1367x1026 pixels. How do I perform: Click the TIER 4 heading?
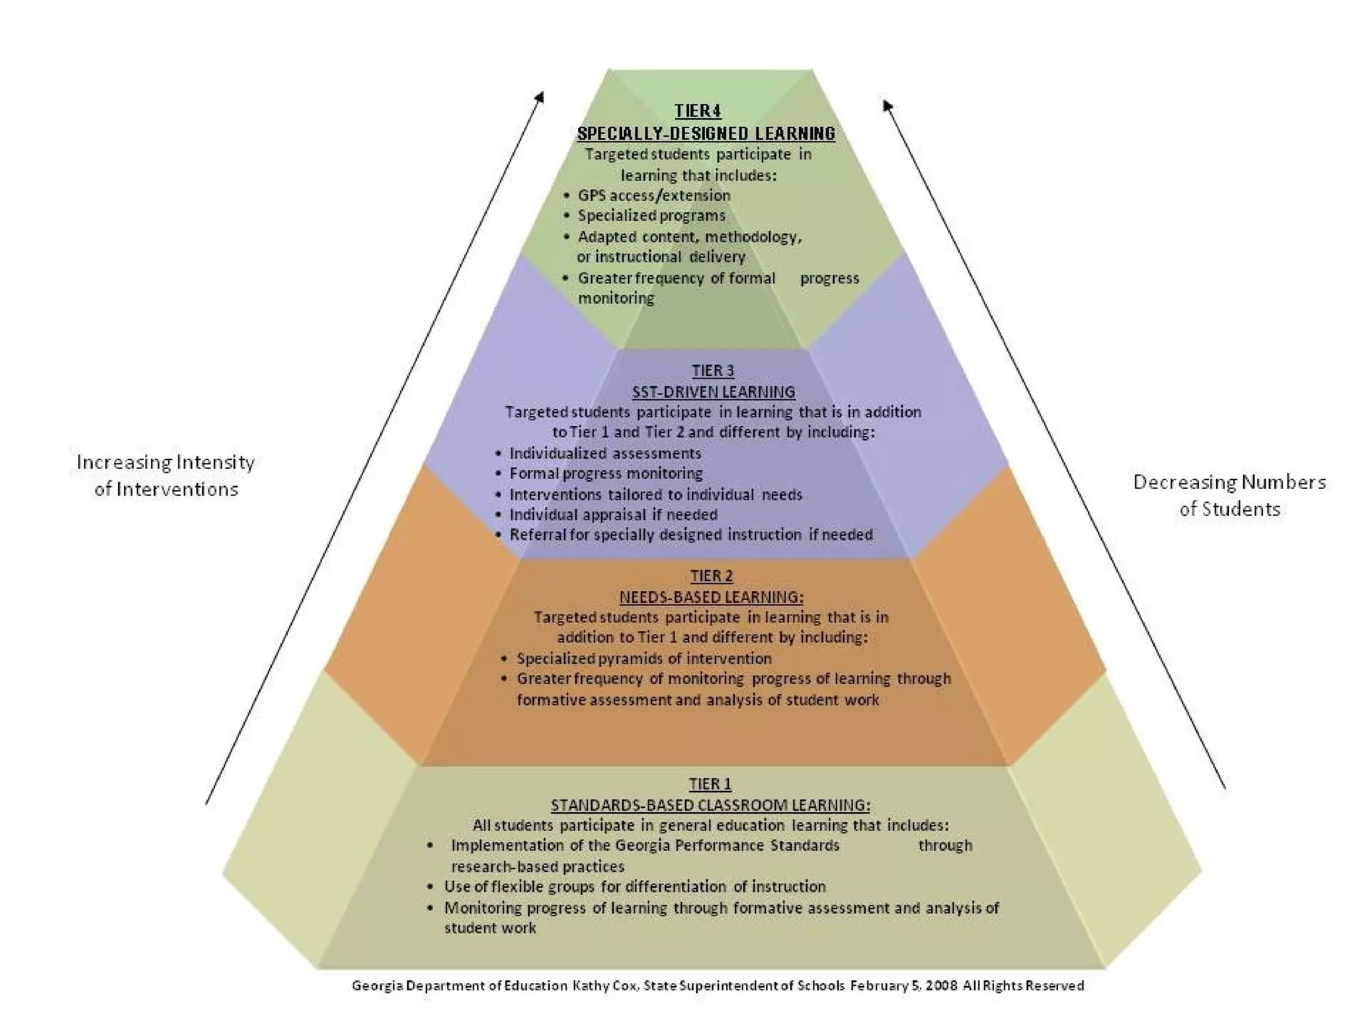(698, 111)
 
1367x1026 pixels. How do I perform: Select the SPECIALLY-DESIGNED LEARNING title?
(706, 134)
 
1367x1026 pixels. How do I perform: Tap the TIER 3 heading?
(713, 371)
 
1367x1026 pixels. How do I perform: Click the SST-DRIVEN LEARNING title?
(714, 391)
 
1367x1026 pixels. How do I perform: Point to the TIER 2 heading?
(712, 576)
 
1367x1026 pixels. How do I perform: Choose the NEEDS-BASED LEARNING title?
(712, 596)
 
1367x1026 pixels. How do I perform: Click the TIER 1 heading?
(710, 784)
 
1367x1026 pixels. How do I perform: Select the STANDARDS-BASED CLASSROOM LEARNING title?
(710, 805)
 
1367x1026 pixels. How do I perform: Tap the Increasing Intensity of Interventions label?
(166, 476)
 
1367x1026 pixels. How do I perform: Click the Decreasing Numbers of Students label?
(1229, 496)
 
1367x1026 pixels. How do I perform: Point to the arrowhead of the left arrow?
(541, 96)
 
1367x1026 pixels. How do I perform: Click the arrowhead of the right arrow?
(887, 105)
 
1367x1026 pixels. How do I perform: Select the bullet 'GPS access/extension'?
(653, 196)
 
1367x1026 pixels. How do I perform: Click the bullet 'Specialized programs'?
(651, 216)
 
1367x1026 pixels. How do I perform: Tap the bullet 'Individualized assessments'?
(605, 454)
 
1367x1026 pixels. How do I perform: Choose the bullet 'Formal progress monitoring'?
(605, 474)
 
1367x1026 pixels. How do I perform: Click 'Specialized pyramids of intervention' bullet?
(643, 659)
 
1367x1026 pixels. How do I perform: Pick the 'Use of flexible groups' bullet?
(634, 887)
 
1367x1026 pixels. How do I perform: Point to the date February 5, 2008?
(904, 986)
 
